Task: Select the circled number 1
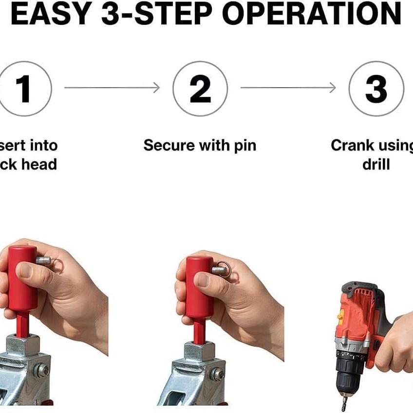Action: pyautogui.click(x=23, y=89)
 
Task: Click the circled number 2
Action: pyautogui.click(x=200, y=89)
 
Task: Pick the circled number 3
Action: pyautogui.click(x=376, y=89)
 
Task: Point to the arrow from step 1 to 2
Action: pyautogui.click(x=112, y=88)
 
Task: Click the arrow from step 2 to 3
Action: pyautogui.click(x=288, y=88)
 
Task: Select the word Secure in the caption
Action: pyautogui.click(x=168, y=145)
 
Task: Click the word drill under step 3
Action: pyautogui.click(x=376, y=164)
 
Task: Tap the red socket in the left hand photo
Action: pyautogui.click(x=22, y=278)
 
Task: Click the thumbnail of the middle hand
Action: pyautogui.click(x=203, y=280)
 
